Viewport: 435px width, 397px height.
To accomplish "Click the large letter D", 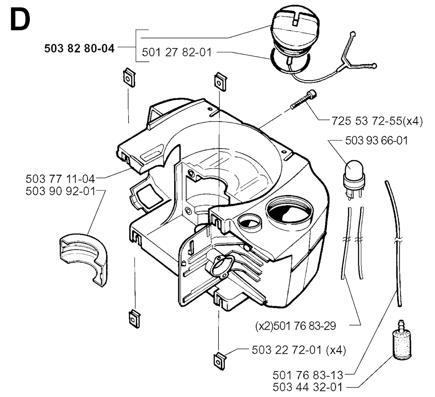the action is [20, 20].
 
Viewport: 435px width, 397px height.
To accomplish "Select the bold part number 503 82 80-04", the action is [79, 48].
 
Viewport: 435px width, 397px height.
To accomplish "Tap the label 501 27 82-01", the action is [177, 52].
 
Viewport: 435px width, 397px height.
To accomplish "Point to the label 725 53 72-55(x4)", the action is [377, 121].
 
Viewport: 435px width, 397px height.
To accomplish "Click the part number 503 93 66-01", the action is [376, 140].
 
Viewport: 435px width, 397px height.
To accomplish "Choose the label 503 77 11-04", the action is [60, 179].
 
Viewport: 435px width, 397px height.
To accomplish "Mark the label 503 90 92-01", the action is [60, 191].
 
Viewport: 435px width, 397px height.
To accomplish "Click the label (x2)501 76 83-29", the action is [296, 326].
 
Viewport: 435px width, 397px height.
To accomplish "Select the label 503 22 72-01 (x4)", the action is [299, 350].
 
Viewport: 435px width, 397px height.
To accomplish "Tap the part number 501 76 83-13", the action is [308, 375].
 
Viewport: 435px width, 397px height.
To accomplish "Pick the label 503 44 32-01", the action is [308, 387].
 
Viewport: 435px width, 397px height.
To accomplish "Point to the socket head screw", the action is [303, 100].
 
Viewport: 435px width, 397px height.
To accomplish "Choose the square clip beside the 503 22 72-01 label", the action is [220, 361].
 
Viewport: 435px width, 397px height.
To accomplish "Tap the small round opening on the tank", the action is [250, 222].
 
